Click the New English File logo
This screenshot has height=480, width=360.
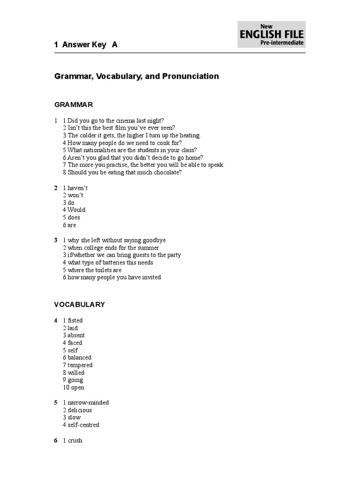271,34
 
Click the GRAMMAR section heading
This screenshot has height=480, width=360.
74,105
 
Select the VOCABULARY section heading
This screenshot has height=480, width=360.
80,305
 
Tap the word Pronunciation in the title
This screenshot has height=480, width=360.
190,76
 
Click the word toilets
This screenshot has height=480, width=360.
102,270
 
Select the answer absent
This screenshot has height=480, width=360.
76,336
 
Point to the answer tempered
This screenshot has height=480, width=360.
80,365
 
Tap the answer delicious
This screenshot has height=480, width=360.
80,410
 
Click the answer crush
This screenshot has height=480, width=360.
75,441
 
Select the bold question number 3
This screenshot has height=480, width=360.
56,240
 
